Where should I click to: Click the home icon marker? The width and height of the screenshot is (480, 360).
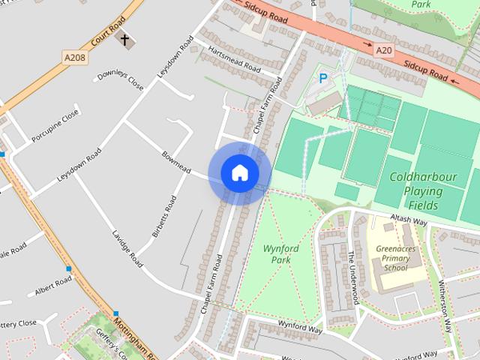pyautogui.click(x=239, y=173)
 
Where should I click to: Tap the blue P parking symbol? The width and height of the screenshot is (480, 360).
pyautogui.click(x=323, y=77)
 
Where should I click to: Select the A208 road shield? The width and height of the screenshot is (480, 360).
pyautogui.click(x=74, y=57)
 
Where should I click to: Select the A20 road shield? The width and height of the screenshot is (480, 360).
pyautogui.click(x=384, y=50)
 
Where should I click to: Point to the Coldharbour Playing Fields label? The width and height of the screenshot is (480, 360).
pyautogui.click(x=423, y=191)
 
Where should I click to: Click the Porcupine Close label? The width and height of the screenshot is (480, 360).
pyautogui.click(x=56, y=124)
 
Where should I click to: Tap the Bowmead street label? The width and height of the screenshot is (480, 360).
pyautogui.click(x=175, y=163)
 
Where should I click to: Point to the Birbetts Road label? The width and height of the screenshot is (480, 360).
pyautogui.click(x=165, y=217)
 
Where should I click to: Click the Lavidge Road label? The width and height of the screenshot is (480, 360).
pyautogui.click(x=127, y=249)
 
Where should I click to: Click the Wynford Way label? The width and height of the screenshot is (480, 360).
pyautogui.click(x=299, y=328)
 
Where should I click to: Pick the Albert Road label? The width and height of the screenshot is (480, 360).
pyautogui.click(x=52, y=286)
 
